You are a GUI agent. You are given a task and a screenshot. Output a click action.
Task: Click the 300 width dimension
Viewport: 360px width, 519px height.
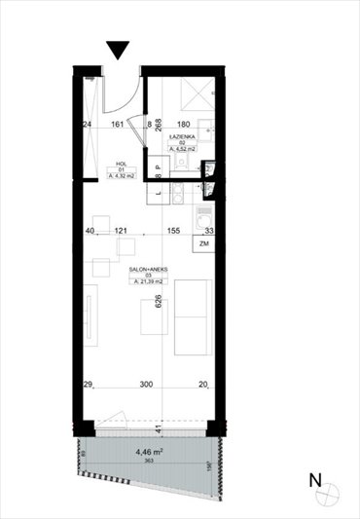pyautogui.click(x=146, y=386)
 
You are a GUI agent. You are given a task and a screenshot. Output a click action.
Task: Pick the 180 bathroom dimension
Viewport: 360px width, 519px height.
pyautogui.click(x=184, y=125)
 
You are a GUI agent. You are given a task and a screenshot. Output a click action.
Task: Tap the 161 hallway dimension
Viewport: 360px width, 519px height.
pyautogui.click(x=118, y=125)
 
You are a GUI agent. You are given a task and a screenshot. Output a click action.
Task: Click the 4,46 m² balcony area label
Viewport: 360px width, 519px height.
pyautogui.click(x=149, y=451)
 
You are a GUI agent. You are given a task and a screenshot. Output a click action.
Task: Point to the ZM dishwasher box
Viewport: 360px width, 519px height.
pyautogui.click(x=203, y=243)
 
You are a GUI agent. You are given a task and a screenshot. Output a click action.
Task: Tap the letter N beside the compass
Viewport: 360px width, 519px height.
pyautogui.click(x=314, y=480)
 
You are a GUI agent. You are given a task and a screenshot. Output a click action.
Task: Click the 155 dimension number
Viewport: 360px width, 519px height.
pyautogui.click(x=174, y=231)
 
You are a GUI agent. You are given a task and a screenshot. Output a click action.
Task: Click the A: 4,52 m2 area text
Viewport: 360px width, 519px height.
pyautogui.click(x=183, y=150)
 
